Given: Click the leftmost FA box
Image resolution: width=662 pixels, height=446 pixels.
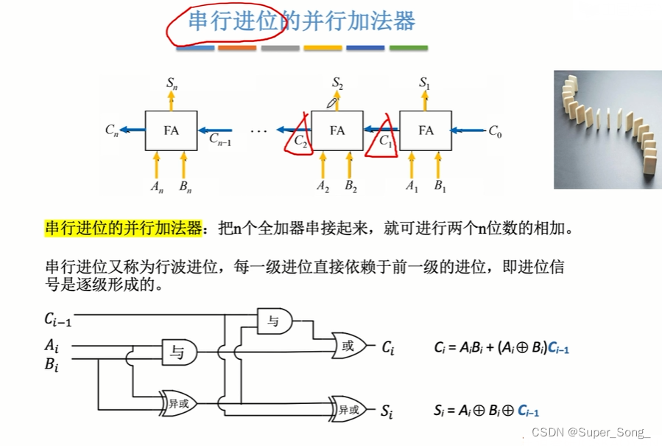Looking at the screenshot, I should (171, 130).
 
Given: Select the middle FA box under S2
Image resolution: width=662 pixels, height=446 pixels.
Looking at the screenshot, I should (337, 130).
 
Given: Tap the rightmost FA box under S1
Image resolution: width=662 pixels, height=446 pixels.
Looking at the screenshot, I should (426, 130).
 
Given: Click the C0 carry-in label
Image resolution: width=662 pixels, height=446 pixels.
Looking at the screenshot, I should (495, 131).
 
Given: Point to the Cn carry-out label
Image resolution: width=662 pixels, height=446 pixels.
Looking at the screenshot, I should (111, 130).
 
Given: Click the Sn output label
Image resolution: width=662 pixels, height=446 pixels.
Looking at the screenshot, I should (171, 83).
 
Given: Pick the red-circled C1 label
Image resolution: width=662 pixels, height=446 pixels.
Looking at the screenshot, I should (386, 138).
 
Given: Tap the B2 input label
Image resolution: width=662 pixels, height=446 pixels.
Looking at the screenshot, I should (351, 186).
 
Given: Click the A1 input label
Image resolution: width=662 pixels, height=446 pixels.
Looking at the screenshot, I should (412, 186).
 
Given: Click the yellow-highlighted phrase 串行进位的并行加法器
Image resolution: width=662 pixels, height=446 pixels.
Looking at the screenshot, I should (123, 228).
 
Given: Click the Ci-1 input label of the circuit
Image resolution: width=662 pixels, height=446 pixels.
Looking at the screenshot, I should (57, 318).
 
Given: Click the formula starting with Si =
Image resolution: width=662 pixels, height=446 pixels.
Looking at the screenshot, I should (491, 411).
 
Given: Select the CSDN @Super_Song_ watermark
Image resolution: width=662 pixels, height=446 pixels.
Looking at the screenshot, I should (591, 432).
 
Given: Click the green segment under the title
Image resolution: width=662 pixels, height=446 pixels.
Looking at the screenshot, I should (408, 48).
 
